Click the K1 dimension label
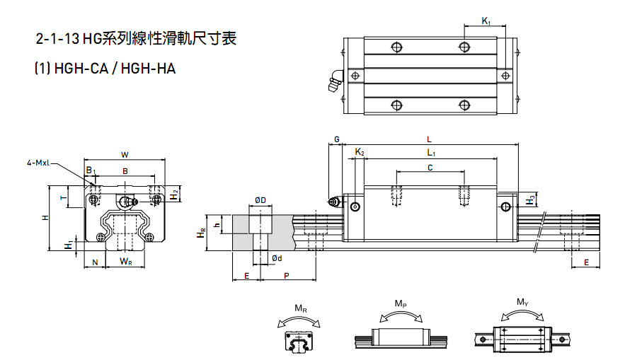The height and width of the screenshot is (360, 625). [486, 22]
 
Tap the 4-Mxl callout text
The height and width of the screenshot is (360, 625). [38, 163]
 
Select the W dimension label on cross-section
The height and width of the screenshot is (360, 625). [125, 154]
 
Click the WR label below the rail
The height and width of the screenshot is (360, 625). [125, 262]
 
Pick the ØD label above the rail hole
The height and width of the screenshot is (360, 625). [260, 200]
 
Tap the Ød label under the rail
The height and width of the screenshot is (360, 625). [276, 259]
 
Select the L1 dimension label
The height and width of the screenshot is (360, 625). [430, 153]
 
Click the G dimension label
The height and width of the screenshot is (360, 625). [337, 139]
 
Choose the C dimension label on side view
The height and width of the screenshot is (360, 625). [430, 167]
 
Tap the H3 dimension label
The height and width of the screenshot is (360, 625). [531, 200]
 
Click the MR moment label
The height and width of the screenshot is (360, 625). [301, 308]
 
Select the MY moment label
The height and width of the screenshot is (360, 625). [522, 303]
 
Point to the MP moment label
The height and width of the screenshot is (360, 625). [401, 303]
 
